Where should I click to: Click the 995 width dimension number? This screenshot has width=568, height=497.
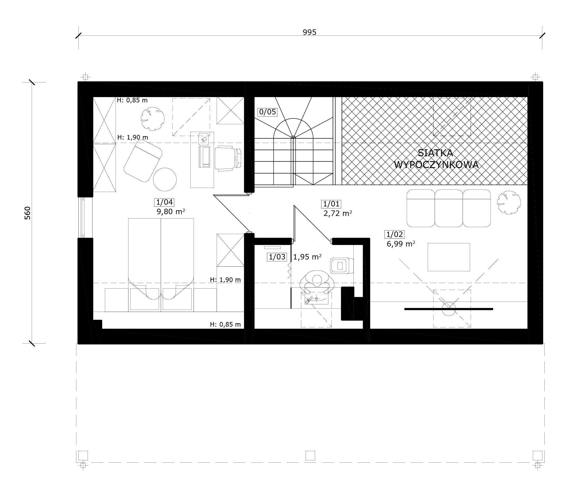point(309,32)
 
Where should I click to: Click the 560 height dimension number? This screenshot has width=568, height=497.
point(27,213)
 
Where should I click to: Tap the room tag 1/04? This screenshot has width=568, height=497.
point(164,202)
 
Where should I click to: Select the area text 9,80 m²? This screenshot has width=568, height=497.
point(171,212)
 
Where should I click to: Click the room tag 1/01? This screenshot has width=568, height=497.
point(331,204)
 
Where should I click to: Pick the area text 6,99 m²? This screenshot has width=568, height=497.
point(401,244)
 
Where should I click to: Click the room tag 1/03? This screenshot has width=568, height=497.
point(277,257)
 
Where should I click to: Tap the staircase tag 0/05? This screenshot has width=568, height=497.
point(267,112)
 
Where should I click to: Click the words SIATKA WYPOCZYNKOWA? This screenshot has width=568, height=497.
point(436,159)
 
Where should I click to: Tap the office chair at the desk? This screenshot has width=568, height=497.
point(228,158)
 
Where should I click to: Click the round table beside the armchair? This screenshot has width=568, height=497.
point(165,179)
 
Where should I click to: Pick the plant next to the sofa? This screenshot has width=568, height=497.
point(509,202)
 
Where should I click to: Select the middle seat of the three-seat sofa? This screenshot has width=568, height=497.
point(448,208)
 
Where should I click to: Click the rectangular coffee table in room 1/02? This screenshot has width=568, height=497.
point(449,257)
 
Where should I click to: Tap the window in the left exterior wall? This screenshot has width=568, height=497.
point(82,218)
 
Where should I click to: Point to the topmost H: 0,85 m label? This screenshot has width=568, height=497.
point(132,100)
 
